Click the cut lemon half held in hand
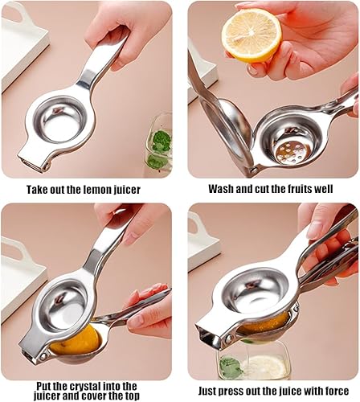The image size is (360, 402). (x=252, y=35)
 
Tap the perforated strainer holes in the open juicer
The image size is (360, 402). (x=294, y=152)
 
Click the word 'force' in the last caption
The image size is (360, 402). (x=336, y=391)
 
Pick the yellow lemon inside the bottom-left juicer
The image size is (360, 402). (x=76, y=340)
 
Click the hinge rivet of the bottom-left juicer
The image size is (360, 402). (x=43, y=356)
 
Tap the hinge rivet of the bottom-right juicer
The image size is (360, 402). (x=229, y=338)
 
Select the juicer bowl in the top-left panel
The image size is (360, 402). (x=61, y=120)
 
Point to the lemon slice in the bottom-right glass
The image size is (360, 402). (x=266, y=367)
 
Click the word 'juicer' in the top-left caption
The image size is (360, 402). (x=127, y=190)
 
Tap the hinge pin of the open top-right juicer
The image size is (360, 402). (x=254, y=170)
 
